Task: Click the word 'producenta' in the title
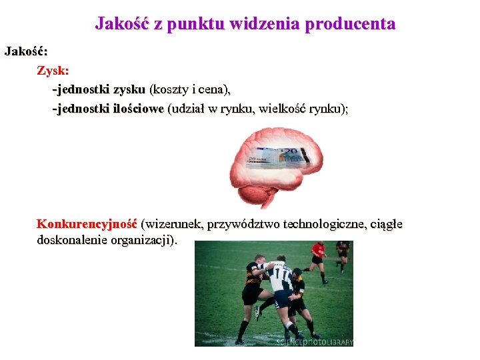(x=351, y=24)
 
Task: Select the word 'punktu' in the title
(x=194, y=24)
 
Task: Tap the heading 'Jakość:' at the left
(x=26, y=51)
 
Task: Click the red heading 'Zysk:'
(x=53, y=70)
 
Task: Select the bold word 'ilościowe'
(x=139, y=109)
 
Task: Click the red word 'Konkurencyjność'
(x=87, y=224)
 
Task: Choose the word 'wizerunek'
(x=175, y=224)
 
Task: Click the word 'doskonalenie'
(x=71, y=239)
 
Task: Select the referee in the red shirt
(x=318, y=257)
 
